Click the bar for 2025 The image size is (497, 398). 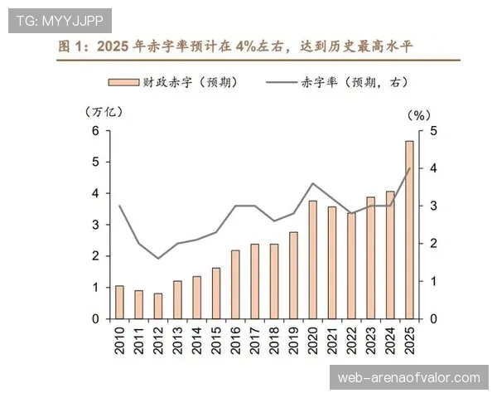coord(409,230)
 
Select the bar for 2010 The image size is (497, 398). coord(119,302)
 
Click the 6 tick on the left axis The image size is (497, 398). coord(95,131)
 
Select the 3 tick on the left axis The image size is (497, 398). coord(95,225)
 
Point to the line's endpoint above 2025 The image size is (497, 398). coord(409,168)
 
